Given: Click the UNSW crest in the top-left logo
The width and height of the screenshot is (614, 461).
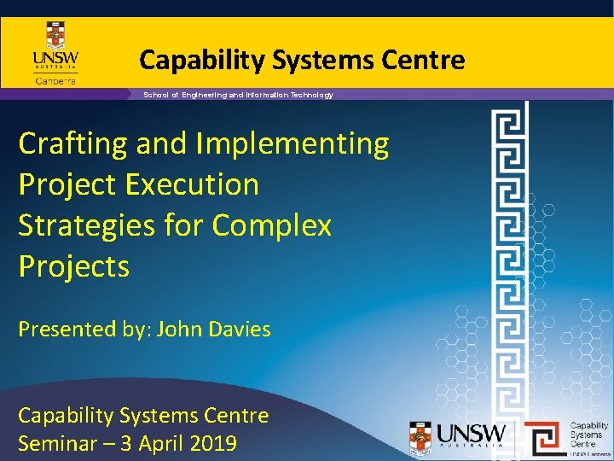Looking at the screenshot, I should [55, 37].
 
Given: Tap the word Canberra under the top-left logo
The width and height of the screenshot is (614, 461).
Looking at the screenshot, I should [55, 81].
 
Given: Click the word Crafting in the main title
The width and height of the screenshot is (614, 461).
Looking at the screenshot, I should [72, 144].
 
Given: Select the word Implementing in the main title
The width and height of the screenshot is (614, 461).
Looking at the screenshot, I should [293, 144].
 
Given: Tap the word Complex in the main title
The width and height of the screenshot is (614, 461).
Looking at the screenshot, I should [272, 226].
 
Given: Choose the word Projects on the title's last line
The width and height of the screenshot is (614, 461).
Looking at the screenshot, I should [74, 267].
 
